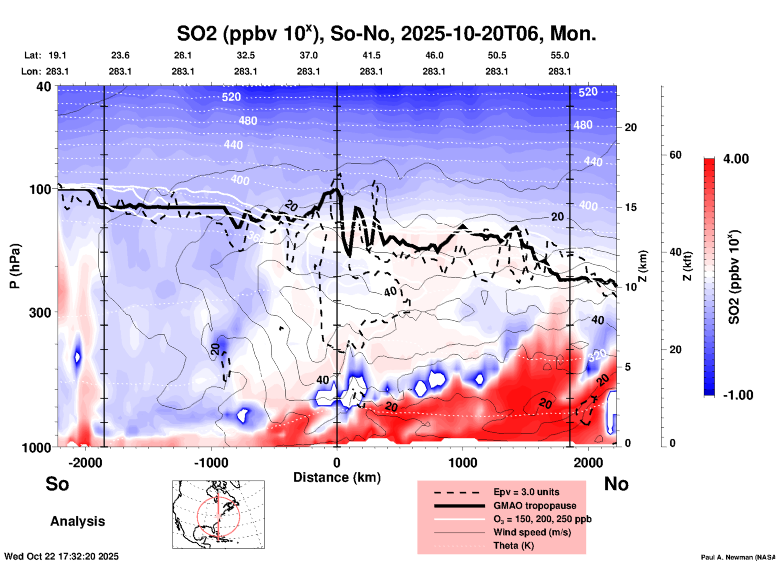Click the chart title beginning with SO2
pyautogui.click(x=386, y=34)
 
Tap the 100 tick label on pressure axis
pyautogui.click(x=40, y=189)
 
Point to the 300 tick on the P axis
pyautogui.click(x=40, y=312)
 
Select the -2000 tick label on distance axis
pyautogui.click(x=85, y=463)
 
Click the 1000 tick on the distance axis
pyautogui.click(x=463, y=463)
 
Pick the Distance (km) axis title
pyautogui.click(x=337, y=478)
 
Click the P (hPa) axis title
pyautogui.click(x=15, y=266)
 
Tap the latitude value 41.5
pyautogui.click(x=371, y=56)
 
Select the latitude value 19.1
pyautogui.click(x=57, y=56)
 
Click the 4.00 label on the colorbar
pyautogui.click(x=736, y=159)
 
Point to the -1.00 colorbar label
pyautogui.click(x=738, y=395)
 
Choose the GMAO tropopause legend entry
pyautogui.click(x=535, y=506)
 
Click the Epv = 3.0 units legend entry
pyautogui.click(x=526, y=492)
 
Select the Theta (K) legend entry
pyautogui.click(x=513, y=546)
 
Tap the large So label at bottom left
pyautogui.click(x=57, y=484)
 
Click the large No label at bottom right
pyautogui.click(x=616, y=484)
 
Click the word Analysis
pyautogui.click(x=77, y=521)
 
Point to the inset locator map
pyautogui.click(x=218, y=514)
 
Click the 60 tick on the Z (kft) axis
pyautogui.click(x=675, y=155)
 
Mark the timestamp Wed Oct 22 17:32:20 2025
pyautogui.click(x=61, y=556)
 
